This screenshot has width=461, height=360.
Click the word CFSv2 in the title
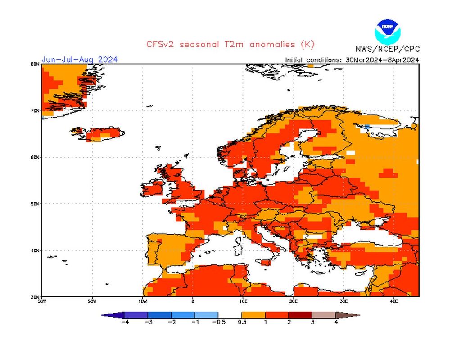[x=159, y=44]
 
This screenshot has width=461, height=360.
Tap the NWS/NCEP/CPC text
[x=387, y=49]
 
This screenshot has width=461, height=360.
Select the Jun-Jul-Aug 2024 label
[x=80, y=59]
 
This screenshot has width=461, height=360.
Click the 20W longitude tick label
[x=92, y=301]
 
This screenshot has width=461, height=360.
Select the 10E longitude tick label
[x=243, y=301]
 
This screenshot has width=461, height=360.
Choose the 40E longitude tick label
[x=393, y=301]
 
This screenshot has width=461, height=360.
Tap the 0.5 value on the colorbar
[x=242, y=322]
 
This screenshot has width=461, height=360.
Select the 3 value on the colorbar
[x=312, y=322]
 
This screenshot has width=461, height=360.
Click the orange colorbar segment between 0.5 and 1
[x=253, y=315]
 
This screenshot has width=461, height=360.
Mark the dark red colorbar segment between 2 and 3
[x=300, y=315]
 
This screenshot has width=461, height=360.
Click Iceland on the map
[x=104, y=133]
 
